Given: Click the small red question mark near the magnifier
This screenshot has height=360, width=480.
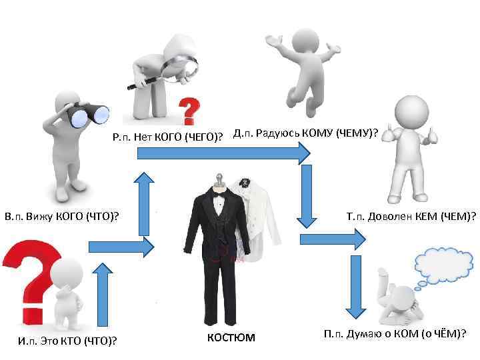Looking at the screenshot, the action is pos(191,109).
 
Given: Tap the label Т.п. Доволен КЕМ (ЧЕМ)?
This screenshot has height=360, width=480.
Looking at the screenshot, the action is pos(411,216).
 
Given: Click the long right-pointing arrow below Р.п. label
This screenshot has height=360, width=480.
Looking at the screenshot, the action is pos(224,154).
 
